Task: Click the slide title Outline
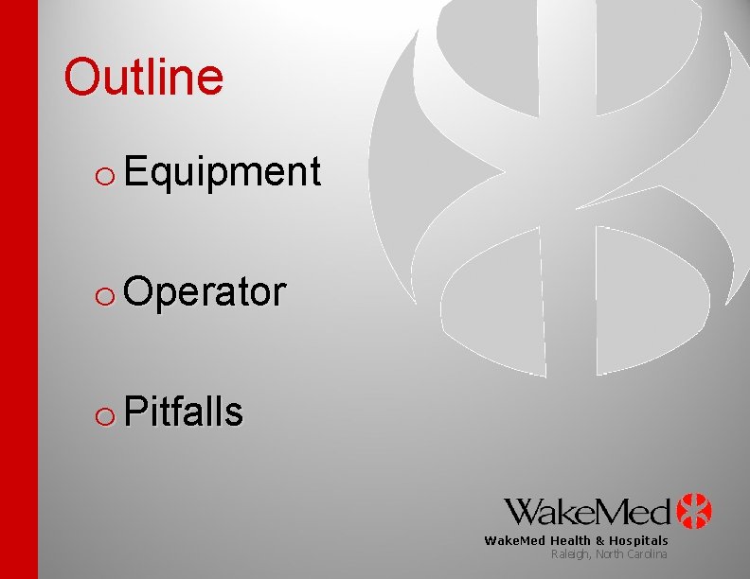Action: pyautogui.click(x=143, y=77)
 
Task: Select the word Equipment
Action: pyautogui.click(x=222, y=172)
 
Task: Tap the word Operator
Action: pyautogui.click(x=204, y=292)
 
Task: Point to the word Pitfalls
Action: pyautogui.click(x=184, y=412)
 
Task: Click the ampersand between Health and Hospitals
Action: pyautogui.click(x=599, y=541)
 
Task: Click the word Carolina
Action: pyautogui.click(x=648, y=553)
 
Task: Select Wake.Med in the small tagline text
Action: pyautogui.click(x=515, y=541)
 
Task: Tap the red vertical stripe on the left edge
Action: pyautogui.click(x=19, y=289)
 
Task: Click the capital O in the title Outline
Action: pyautogui.click(x=81, y=78)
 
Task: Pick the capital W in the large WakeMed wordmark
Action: pyautogui.click(x=526, y=511)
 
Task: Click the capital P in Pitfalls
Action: pyautogui.click(x=133, y=412)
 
